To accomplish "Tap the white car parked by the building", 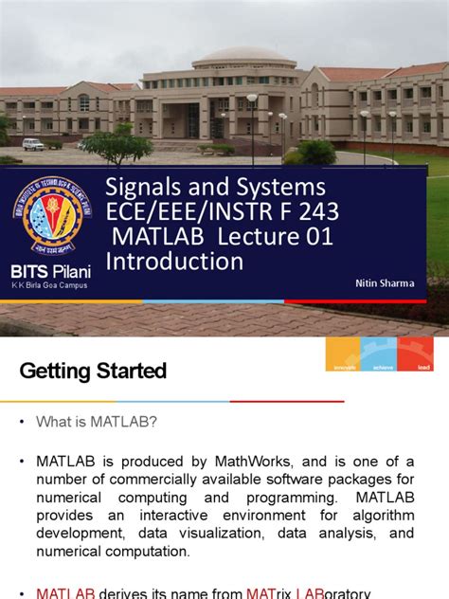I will tap(33, 144).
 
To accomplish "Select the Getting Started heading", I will tap(93, 371).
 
